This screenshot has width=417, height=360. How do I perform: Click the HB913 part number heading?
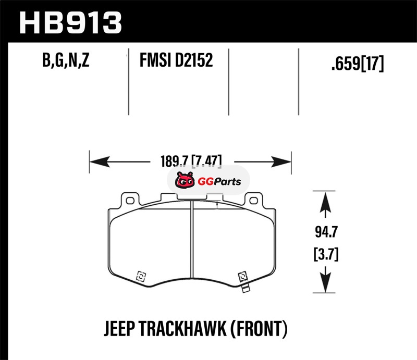[x=70, y=23]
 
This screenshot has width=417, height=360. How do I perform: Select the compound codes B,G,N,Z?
[x=66, y=60]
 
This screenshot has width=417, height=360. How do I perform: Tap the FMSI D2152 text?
[x=176, y=60]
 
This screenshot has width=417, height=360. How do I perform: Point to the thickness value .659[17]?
[x=358, y=64]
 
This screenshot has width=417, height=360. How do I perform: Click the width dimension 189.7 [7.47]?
[x=191, y=161]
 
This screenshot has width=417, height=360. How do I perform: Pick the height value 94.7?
[x=326, y=232]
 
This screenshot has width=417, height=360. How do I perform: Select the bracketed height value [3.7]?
[x=326, y=254]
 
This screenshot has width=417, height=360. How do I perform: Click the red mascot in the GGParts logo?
[x=185, y=180]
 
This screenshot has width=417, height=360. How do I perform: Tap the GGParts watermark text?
[x=219, y=182]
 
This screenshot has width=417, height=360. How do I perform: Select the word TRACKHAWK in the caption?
[x=183, y=329]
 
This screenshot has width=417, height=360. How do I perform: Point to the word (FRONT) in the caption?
[x=259, y=329]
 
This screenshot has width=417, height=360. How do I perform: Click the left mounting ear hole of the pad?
[x=130, y=201]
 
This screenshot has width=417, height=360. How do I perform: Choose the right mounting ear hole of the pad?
[x=253, y=201]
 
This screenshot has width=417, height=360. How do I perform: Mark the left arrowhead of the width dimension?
[x=100, y=162]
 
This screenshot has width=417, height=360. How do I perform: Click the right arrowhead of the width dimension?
[x=281, y=162]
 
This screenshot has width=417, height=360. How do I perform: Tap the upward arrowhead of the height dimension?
[x=325, y=202]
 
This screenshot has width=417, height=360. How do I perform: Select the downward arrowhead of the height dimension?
[x=325, y=282]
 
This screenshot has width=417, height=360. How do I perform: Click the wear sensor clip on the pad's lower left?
[x=141, y=276]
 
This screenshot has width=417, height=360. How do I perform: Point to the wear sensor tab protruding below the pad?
[x=246, y=288]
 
